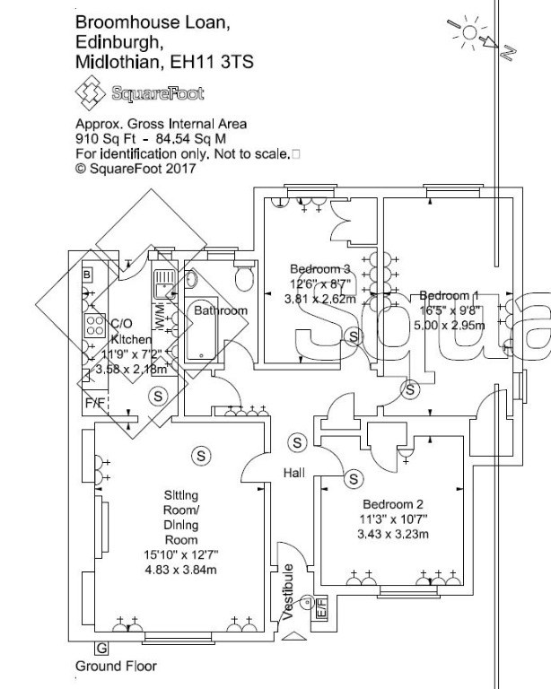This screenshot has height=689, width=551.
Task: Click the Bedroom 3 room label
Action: pyautogui.click(x=320, y=269)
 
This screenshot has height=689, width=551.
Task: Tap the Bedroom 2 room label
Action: pyautogui.click(x=393, y=504)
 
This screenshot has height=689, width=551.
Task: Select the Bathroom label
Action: pyautogui.click(x=221, y=310)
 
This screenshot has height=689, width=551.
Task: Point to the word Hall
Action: pyautogui.click(x=294, y=473)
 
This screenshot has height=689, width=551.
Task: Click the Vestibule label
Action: pyautogui.click(x=288, y=592)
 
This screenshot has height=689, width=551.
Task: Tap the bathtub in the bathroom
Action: pyautogui.click(x=201, y=329)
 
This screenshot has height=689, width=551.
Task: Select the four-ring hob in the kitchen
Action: pyautogui.click(x=95, y=326)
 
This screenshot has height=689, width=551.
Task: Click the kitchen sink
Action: pyautogui.click(x=165, y=284)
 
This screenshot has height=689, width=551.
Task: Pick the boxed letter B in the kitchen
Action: pyautogui.click(x=87, y=275)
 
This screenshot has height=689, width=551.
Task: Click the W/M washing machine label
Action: pyautogui.click(x=160, y=317)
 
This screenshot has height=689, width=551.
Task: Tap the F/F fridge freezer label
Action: pyautogui.click(x=95, y=403)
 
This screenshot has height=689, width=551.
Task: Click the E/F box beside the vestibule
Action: pyautogui.click(x=321, y=609)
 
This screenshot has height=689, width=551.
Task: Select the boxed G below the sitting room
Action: pyautogui.click(x=101, y=648)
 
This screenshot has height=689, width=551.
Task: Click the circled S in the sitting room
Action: pyautogui.click(x=201, y=456)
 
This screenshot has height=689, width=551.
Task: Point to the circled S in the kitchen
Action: pyautogui.click(x=158, y=396)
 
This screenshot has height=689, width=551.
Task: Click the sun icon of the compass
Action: pyautogui.click(x=469, y=32)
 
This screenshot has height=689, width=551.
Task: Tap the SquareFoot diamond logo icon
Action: pyautogui.click(x=90, y=92)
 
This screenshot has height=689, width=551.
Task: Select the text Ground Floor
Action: pyautogui.click(x=116, y=667)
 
